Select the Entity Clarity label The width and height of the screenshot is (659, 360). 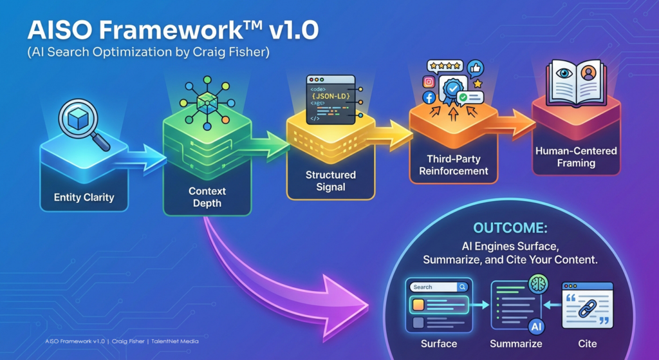point(84,198)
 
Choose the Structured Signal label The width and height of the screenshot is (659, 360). point(330,181)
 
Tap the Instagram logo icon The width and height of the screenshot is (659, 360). point(429,82)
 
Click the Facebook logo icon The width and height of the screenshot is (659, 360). point(428,98)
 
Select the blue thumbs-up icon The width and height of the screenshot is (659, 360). point(476,68)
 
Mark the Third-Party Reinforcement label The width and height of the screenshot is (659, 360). point(453,165)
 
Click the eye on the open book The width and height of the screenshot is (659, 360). point(564,73)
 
